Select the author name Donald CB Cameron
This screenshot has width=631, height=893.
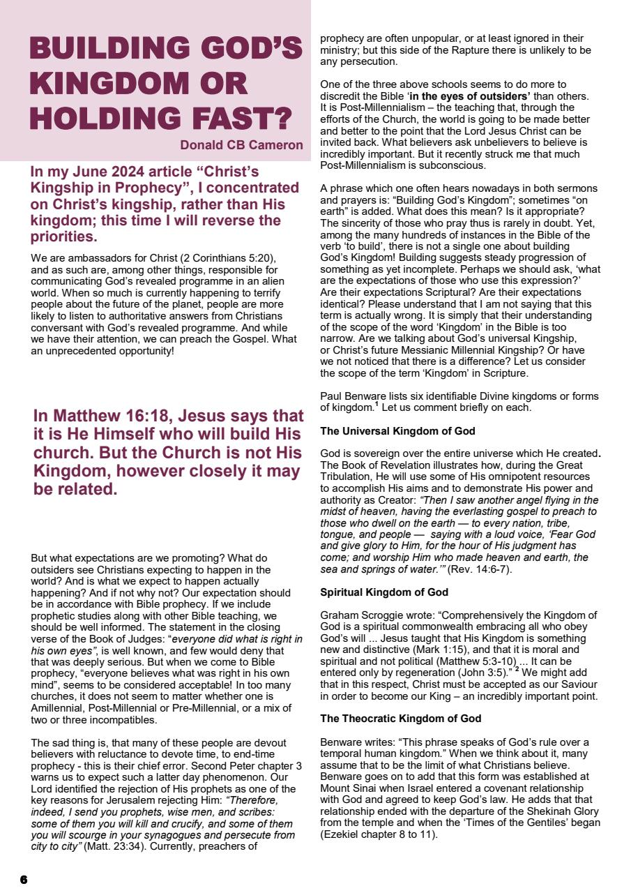[241, 146]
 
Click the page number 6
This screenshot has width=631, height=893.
[24, 880]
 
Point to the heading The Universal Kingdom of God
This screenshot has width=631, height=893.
[397, 431]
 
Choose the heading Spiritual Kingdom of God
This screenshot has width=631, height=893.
[384, 592]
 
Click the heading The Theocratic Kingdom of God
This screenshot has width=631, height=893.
[400, 719]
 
